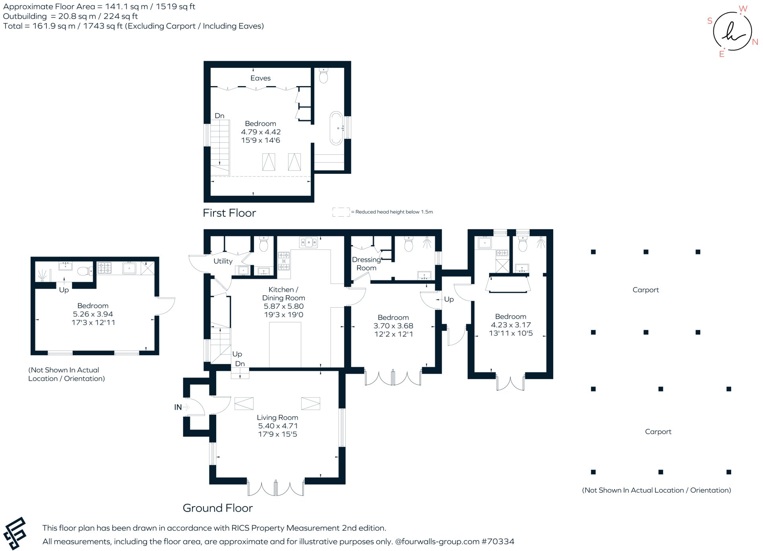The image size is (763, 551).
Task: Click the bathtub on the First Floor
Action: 336,128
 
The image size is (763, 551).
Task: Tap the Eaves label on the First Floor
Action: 260,78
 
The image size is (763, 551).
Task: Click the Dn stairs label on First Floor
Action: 219,116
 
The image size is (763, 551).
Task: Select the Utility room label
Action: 223,261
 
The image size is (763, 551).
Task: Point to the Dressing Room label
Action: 366,264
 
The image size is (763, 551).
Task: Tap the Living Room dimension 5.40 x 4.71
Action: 277,426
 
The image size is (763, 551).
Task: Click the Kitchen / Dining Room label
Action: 283,294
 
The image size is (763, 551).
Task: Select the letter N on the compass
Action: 755,42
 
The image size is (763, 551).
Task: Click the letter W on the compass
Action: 743,9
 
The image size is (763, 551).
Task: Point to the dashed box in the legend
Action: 341,212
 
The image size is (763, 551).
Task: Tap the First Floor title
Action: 229,213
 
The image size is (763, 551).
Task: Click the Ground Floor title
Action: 217,508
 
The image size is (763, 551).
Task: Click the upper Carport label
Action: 645,290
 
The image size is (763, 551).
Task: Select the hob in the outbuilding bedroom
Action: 105,268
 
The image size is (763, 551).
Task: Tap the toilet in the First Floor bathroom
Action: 323,75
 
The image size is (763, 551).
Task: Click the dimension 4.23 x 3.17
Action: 511,325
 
